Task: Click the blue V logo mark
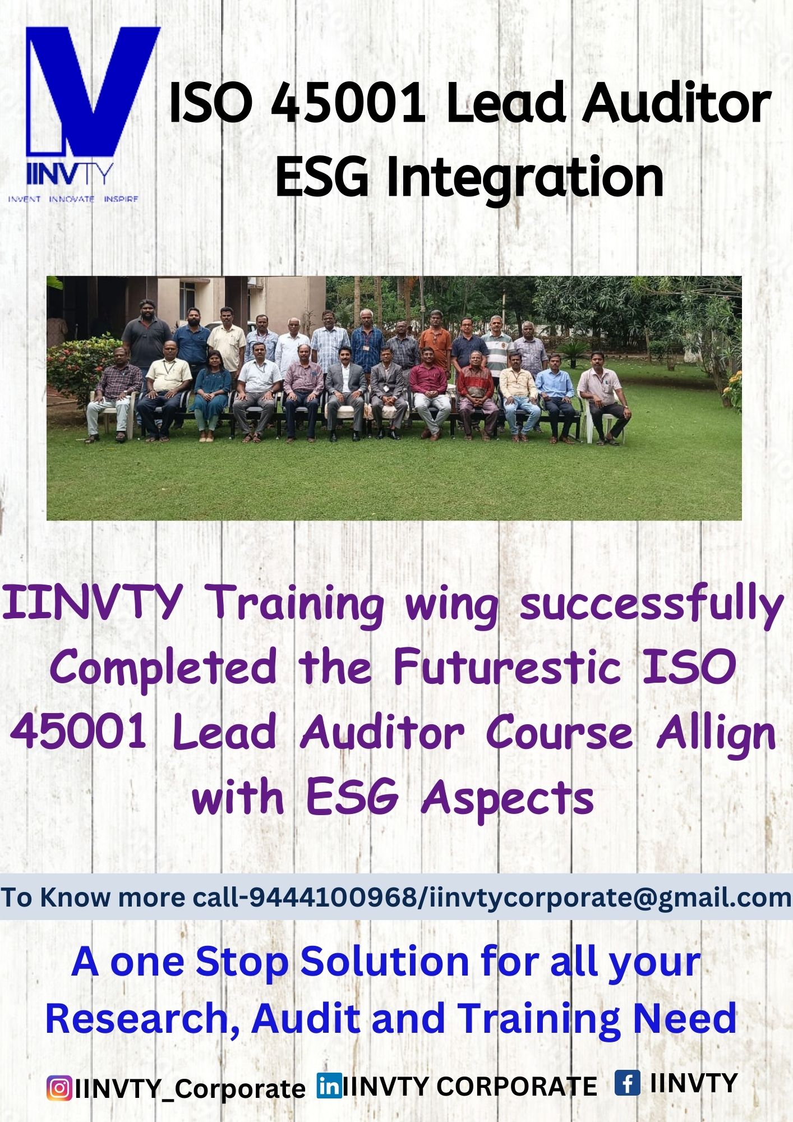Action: (93, 93)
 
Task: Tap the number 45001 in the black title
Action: (348, 104)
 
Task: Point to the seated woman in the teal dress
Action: (211, 393)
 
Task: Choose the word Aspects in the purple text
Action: (508, 799)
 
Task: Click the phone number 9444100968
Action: (332, 898)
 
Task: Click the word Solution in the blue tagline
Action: (385, 962)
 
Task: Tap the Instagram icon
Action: (59, 1087)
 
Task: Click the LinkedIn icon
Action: (329, 1086)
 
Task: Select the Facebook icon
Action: (627, 1082)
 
